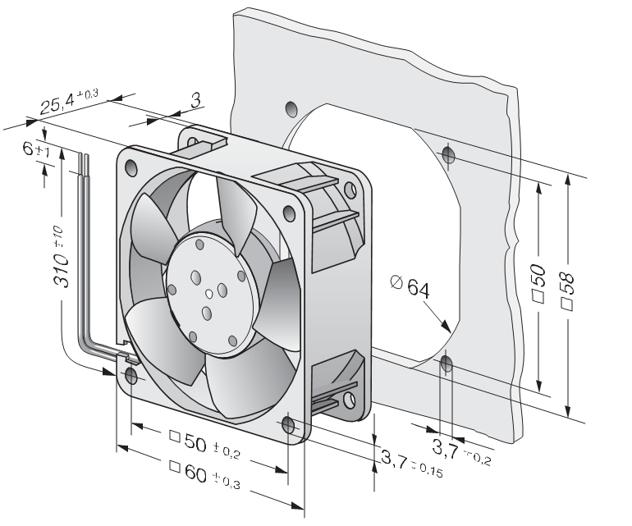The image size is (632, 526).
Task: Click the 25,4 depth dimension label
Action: pyautogui.click(x=68, y=100)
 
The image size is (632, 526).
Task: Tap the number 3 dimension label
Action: pyautogui.click(x=195, y=100)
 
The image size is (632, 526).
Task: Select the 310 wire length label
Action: pyautogui.click(x=61, y=257)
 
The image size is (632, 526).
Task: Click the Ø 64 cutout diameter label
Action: pyautogui.click(x=410, y=286)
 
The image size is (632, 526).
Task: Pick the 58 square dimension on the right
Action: pyautogui.click(x=566, y=291)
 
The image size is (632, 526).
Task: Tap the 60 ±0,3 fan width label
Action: pyautogui.click(x=204, y=475)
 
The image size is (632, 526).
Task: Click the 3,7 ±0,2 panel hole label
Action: pyautogui.click(x=461, y=451)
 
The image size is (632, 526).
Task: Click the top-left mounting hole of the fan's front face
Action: pyautogui.click(x=131, y=167)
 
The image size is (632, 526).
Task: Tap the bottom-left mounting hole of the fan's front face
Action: pyautogui.click(x=131, y=376)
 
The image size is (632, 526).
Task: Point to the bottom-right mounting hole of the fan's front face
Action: pyautogui.click(x=289, y=425)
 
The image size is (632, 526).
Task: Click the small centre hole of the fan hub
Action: pyautogui.click(x=208, y=295)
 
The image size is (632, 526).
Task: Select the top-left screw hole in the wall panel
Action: pyautogui.click(x=291, y=108)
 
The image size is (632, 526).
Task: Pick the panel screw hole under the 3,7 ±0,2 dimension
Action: pyautogui.click(x=447, y=364)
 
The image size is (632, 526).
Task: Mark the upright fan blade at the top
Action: pyautogui.click(x=236, y=214)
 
